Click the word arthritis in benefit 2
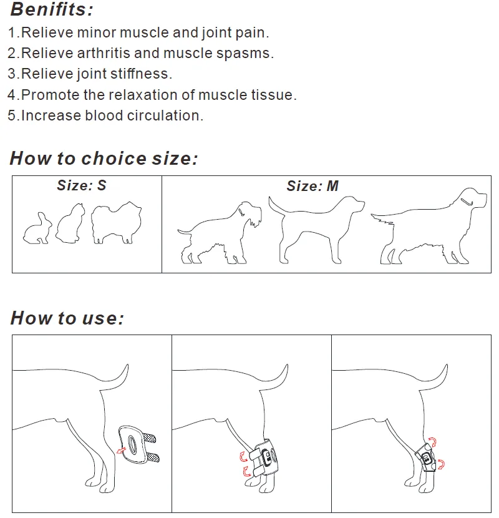coord(104,53)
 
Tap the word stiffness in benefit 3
coord(141,74)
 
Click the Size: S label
coord(82,185)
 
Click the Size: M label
coord(312,186)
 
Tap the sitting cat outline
coord(70,223)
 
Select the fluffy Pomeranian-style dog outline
coord(116,222)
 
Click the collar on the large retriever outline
coord(467,201)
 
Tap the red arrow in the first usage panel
coord(121,450)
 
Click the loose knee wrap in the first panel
coord(138,444)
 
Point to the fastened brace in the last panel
coord(425,458)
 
